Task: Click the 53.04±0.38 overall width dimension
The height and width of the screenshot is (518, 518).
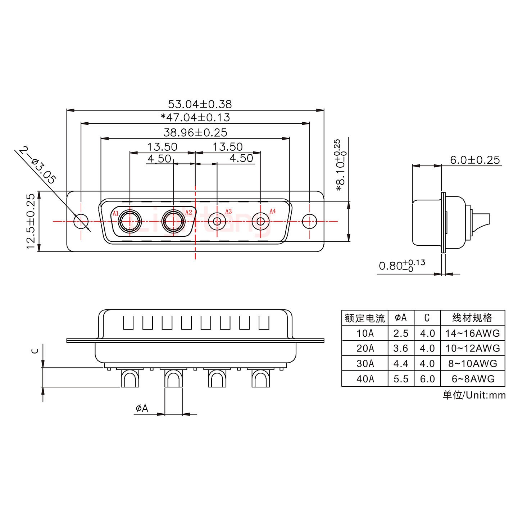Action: pyautogui.click(x=200, y=104)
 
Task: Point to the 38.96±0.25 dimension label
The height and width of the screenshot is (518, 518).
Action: pyautogui.click(x=195, y=133)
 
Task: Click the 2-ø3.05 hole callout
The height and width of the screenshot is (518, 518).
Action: pyautogui.click(x=38, y=165)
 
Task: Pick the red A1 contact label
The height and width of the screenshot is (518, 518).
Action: pyautogui.click(x=115, y=213)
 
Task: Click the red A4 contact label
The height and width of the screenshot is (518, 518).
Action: pyautogui.click(x=272, y=211)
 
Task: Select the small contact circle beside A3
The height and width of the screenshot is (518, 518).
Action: pyautogui.click(x=217, y=221)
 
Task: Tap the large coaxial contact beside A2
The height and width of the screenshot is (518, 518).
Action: pyautogui.click(x=173, y=221)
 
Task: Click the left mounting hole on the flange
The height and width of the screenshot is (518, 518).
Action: pyautogui.click(x=81, y=221)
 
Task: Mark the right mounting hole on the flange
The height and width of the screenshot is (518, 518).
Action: pyautogui.click(x=309, y=221)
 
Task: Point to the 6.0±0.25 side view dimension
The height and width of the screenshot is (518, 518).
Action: pyautogui.click(x=475, y=160)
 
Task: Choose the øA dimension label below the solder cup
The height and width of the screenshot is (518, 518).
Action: pyautogui.click(x=142, y=408)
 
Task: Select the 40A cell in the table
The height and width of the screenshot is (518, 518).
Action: pyautogui.click(x=365, y=379)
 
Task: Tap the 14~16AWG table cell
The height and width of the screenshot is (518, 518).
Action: pyautogui.click(x=472, y=333)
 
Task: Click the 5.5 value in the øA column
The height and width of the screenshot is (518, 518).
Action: pyautogui.click(x=401, y=379)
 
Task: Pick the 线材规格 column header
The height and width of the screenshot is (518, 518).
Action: pyautogui.click(x=472, y=318)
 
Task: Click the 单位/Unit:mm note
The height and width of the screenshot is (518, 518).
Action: pyautogui.click(x=474, y=395)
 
